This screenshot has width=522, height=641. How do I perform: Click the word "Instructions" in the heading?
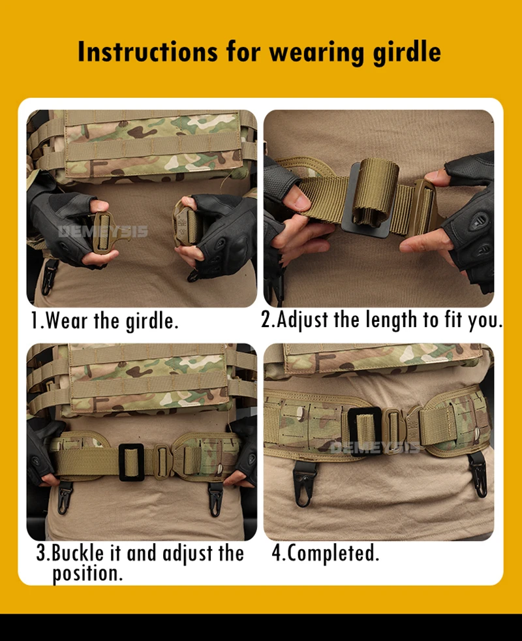click(147, 52)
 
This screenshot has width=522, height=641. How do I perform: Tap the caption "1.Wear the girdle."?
click(105, 320)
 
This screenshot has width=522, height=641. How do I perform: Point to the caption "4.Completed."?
click(326, 554)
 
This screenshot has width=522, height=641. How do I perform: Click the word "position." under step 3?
click(87, 574)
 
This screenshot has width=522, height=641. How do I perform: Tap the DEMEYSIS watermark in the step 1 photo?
click(103, 231)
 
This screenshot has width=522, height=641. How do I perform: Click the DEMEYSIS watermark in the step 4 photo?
click(374, 448)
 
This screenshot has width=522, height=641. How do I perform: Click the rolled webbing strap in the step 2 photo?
click(375, 193)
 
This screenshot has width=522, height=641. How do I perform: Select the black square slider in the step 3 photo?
click(131, 462)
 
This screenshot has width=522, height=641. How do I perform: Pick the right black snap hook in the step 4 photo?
click(478, 475)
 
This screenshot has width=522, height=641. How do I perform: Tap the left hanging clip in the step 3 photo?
click(65, 497)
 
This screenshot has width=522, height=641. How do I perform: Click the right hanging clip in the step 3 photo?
click(215, 499)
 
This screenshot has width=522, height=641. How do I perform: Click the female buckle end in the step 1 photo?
click(185, 223)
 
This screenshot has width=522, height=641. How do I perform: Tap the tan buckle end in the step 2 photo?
click(425, 208)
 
